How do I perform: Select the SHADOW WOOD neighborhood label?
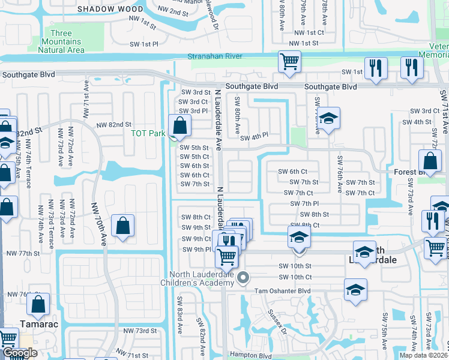[x=110, y=9]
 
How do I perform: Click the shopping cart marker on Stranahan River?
[x=289, y=62]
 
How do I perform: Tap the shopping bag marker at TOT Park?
[x=179, y=126]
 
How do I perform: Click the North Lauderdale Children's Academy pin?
[x=243, y=277]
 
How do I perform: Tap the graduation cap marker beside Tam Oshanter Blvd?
[x=355, y=290]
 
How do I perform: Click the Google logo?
[x=20, y=353]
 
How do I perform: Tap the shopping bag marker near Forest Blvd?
[x=430, y=161]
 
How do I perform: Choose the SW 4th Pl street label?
[x=254, y=137]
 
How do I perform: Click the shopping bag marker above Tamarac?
[x=38, y=305]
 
